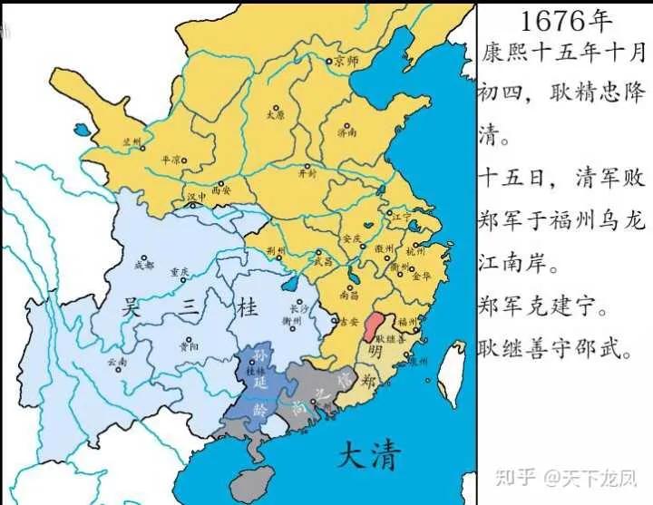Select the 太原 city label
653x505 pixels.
tap(275, 115)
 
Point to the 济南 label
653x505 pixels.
tap(347, 131)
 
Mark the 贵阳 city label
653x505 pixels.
tap(189, 345)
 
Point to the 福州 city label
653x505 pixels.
tap(406, 322)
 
